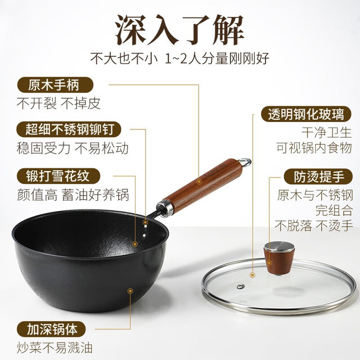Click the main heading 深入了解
pos(179,30)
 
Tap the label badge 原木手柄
pos(55,85)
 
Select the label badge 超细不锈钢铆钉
pos(69,129)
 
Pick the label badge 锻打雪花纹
pos(58,176)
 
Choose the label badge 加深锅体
pos(51,329)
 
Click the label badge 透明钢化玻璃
pos(306,114)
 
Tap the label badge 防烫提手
pos(318,176)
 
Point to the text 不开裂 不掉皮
pos(58,103)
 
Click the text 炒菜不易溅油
pos(55,348)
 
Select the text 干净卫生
pos(326,133)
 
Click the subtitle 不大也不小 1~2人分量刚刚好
pos(179,58)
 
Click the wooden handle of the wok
pos(203,184)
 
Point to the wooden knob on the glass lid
pos(279,258)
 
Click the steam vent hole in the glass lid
pos(241,286)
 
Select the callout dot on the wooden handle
pos(199,182)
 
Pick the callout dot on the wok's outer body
pos(130,291)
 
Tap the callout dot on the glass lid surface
pos(253,275)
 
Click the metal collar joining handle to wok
pos(165,208)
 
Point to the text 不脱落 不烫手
pos(314,225)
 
